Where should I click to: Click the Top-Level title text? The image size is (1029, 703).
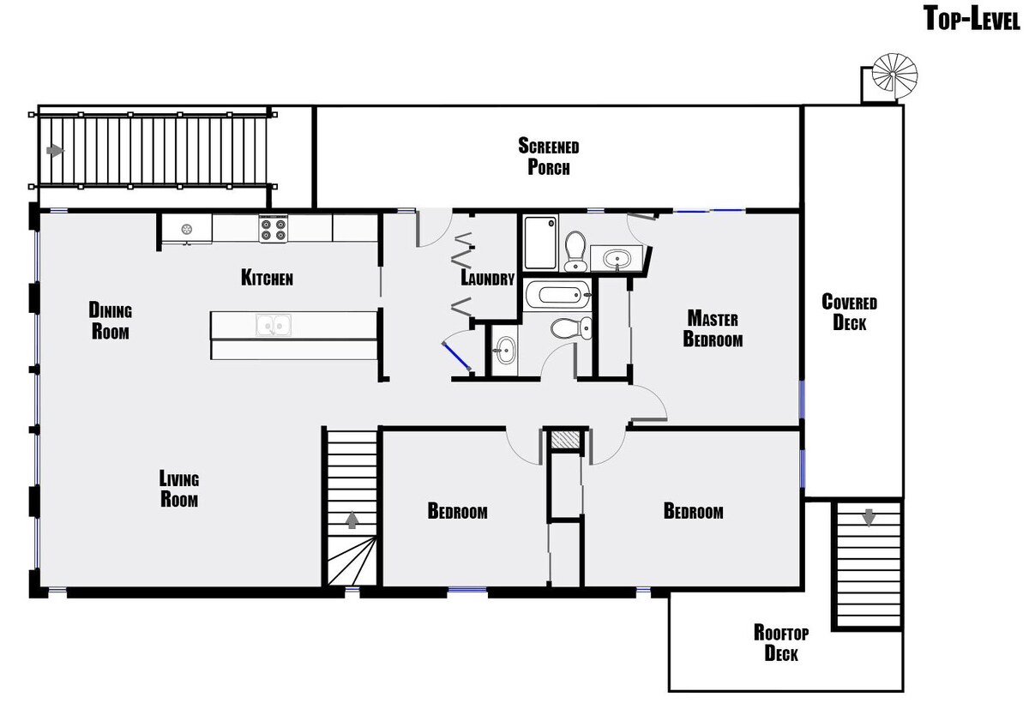(x=972, y=19)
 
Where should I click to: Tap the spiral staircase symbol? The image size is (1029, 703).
(x=894, y=75)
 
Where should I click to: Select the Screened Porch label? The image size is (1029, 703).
(x=549, y=156)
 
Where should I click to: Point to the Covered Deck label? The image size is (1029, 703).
(x=850, y=312)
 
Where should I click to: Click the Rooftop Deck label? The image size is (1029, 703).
(x=781, y=643)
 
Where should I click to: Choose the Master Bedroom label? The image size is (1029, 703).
(x=713, y=328)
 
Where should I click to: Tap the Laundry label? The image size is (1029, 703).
(x=487, y=279)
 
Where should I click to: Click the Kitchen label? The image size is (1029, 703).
(x=267, y=278)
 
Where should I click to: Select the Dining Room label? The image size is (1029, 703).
(x=111, y=321)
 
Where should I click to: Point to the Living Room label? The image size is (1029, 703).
(x=179, y=489)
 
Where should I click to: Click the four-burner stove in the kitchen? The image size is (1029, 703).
(x=273, y=229)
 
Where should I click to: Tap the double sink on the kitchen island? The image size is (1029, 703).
(x=274, y=325)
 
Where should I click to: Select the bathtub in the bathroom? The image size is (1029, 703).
(x=557, y=295)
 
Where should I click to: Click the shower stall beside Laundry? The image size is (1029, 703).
(x=541, y=242)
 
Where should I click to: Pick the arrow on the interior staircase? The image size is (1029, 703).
(x=352, y=520)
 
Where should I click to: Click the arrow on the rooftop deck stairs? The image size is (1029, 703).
(x=868, y=518)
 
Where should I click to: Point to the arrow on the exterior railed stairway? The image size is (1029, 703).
(x=56, y=151)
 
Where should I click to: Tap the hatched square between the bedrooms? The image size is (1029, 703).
(x=564, y=440)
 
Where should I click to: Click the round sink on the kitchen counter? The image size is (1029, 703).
(x=187, y=228)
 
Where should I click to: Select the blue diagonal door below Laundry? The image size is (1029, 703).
(x=455, y=356)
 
